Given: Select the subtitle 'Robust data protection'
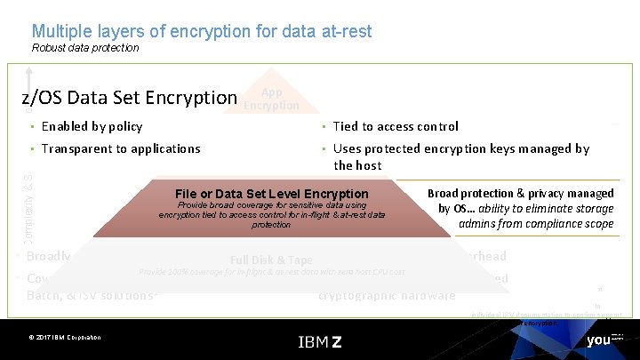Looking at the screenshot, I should [85, 48].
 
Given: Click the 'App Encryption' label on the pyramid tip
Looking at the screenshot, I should [271, 99].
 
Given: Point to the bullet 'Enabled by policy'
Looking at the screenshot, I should [92, 126].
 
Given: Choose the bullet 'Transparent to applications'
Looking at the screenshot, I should [120, 148].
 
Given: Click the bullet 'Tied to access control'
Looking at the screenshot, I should [396, 126].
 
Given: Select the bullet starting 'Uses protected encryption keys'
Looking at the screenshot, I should [461, 148].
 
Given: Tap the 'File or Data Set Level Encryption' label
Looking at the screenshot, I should [272, 194].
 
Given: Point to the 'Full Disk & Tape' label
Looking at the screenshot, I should [271, 260].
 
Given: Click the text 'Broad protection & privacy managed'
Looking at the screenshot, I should [521, 193].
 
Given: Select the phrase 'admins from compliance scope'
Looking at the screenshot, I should [536, 224].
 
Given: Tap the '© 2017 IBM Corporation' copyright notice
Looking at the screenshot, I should [65, 338].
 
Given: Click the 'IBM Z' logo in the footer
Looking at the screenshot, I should [319, 341].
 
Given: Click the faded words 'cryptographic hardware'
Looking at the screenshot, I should [387, 295].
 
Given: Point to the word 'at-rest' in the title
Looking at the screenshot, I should [342, 31].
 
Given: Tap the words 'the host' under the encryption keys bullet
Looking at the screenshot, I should [357, 165].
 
